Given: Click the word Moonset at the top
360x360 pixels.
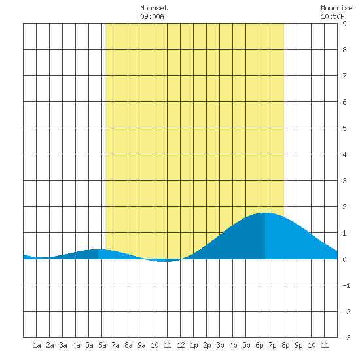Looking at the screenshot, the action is pos(154,8).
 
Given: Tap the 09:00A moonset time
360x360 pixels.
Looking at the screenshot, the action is pos(152,16).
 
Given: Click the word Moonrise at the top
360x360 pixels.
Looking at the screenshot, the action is pos(336,8).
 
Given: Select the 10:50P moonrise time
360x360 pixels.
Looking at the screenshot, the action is pos(333,16).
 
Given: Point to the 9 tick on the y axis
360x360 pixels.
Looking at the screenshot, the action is pos(344,24).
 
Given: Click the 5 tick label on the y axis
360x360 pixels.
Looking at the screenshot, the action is pos(344,128).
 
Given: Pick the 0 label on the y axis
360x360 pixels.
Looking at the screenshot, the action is pos(344,259).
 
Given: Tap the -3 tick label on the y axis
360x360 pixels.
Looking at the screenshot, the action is pos(346,338).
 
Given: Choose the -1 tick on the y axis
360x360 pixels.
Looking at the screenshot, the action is pos(346,285).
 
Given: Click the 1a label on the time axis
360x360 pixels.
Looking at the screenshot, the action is pos(37,345).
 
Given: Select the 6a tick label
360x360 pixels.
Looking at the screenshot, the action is pos(102,345).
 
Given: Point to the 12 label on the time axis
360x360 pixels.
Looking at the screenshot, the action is pos(181,345).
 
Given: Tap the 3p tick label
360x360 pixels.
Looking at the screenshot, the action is pos(220,345).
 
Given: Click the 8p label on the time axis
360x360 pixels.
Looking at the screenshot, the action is pos(285,345).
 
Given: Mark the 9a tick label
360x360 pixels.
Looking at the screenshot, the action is pos(141,345).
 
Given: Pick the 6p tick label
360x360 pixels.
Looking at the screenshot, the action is pos(259,345).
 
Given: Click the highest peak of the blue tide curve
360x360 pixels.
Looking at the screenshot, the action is pos(265,213).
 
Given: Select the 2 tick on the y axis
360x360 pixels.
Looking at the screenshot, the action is pos(344,207).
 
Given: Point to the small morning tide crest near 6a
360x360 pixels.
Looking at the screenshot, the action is pos(98,249).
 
